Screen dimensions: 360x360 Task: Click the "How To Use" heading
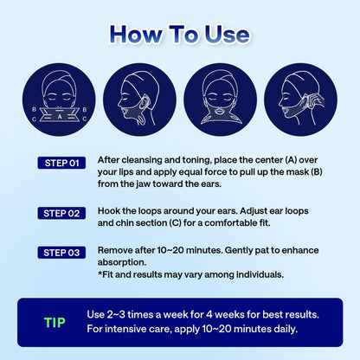tap(179, 34)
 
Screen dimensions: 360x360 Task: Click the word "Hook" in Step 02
tap(112, 209)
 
